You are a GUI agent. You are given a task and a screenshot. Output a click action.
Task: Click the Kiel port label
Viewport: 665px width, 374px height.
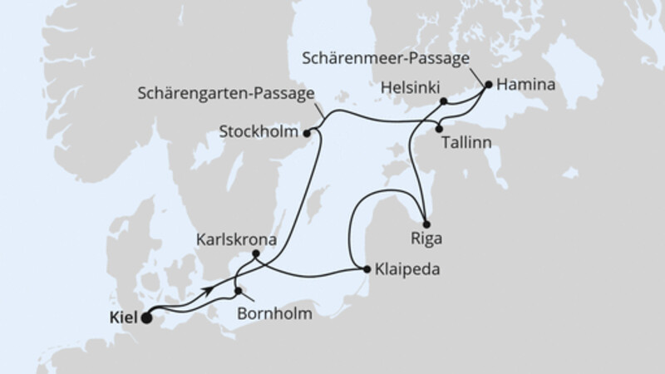[x=121, y=317]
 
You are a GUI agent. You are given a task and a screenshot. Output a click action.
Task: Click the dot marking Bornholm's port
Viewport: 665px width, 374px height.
[x=239, y=292]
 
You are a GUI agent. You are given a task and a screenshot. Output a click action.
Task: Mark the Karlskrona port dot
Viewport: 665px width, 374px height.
[x=256, y=253]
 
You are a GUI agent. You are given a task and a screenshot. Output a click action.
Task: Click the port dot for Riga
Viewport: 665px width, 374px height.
[x=426, y=224]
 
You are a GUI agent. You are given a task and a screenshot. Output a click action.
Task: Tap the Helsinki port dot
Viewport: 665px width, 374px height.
[x=444, y=101]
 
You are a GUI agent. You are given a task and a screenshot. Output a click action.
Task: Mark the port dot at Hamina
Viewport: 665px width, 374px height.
[x=489, y=84]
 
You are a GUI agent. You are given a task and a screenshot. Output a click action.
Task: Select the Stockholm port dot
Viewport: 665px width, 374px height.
[x=307, y=131]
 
